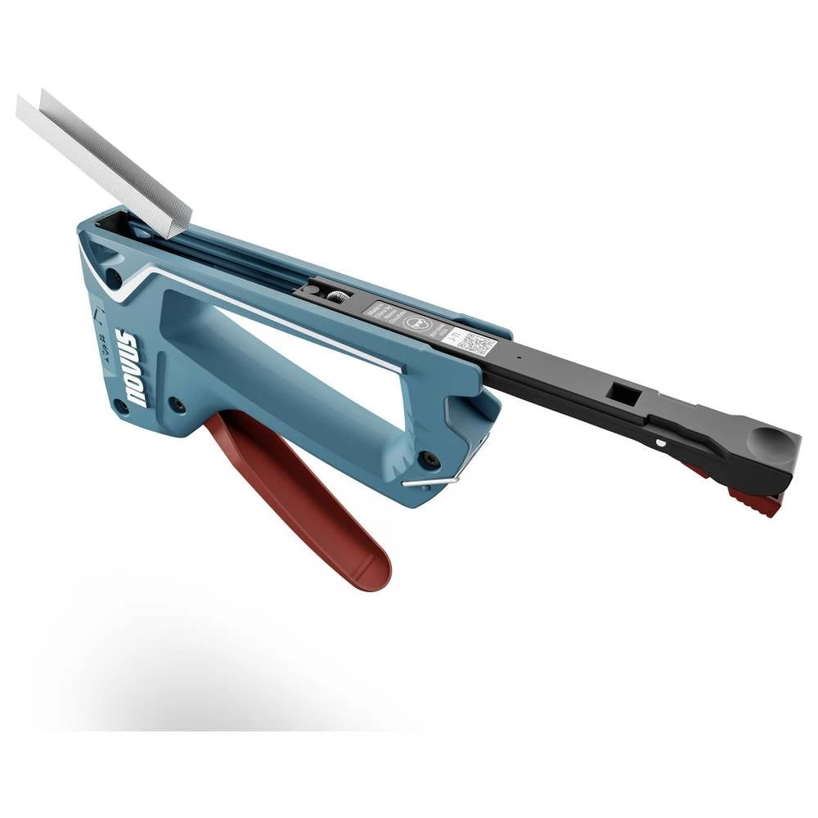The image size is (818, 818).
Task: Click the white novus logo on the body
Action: pos(130,368)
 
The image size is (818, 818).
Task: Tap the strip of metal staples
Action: pos(106,160)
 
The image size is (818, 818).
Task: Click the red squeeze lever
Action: pos(303,499)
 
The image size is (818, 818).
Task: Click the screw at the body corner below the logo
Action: pos(121,407)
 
